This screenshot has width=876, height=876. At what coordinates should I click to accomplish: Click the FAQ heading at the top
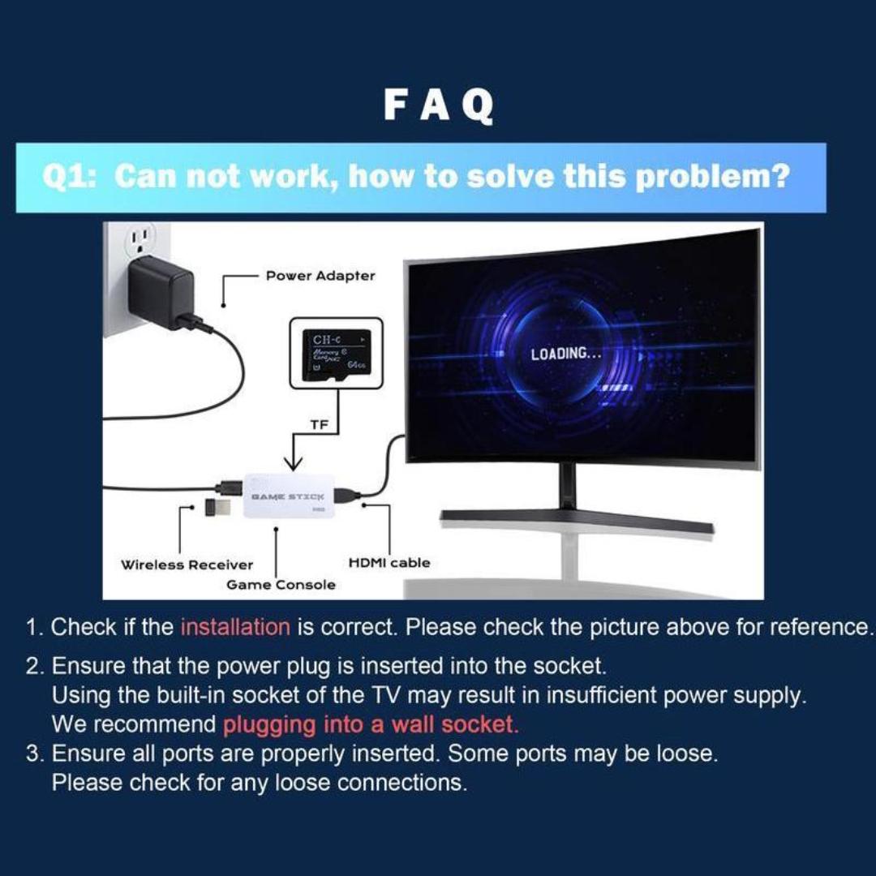pos(438,105)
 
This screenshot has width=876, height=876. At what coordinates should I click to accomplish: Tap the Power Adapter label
pos(320,276)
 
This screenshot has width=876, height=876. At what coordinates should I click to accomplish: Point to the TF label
pos(319,425)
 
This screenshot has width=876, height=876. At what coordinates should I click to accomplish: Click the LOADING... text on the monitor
pos(566,354)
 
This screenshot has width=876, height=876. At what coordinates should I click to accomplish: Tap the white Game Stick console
pos(289,495)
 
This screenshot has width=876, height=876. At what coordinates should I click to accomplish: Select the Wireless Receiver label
pos(187,565)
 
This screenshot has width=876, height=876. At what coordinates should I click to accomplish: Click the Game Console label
pos(281,585)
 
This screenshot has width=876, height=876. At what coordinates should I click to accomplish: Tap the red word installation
pos(235,627)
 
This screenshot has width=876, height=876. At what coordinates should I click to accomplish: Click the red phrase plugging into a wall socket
pos(371,724)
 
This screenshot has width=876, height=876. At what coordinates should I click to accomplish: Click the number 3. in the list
pos(34,754)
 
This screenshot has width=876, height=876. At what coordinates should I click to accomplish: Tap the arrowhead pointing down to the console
pos(293,464)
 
